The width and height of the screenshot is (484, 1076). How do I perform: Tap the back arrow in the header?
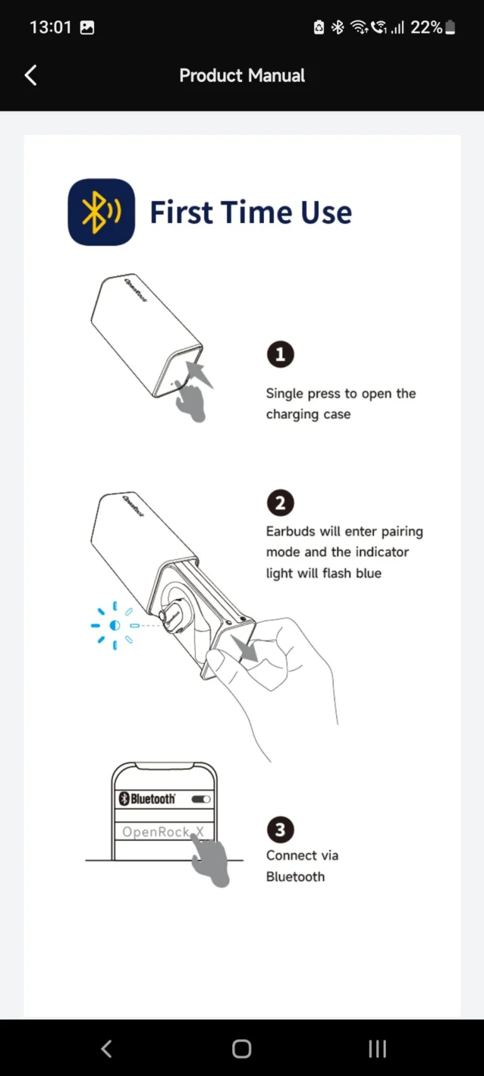pos(30,75)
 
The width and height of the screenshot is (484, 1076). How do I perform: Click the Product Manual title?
pos(242,76)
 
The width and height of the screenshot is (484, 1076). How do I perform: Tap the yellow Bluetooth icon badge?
pos(101,212)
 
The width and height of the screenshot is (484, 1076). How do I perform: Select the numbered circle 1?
pos(280,354)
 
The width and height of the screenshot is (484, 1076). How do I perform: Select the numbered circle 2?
pos(280,503)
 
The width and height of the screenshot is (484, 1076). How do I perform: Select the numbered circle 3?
pos(280,830)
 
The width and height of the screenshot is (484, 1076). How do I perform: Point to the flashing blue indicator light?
pos(115,626)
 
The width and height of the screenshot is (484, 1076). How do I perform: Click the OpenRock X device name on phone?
pos(158,832)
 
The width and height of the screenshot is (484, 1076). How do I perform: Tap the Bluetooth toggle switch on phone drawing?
pos(201,799)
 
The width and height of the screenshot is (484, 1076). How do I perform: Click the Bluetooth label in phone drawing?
pos(152,799)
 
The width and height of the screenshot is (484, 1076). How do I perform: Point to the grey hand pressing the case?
pos(191,401)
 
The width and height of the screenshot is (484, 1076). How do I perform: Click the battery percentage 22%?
pos(426,28)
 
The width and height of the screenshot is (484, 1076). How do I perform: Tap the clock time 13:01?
pos(50,28)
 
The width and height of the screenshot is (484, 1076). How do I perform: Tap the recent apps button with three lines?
pos(377,1049)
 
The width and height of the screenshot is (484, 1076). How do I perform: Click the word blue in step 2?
pos(367,573)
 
